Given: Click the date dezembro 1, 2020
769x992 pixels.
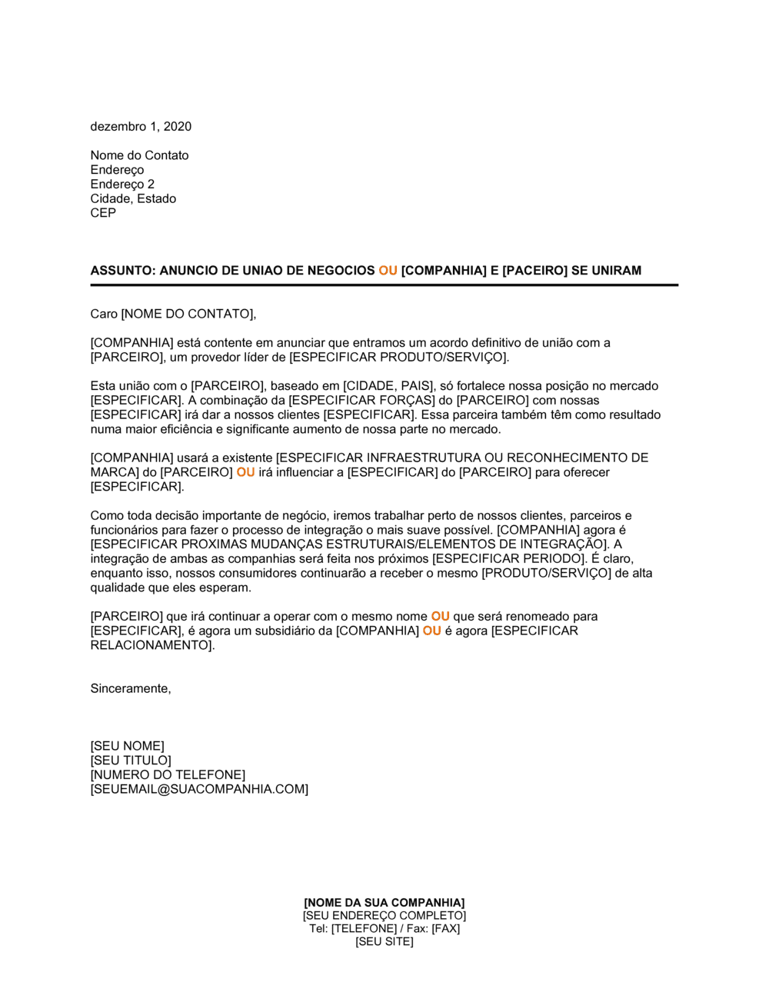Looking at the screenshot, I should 141,127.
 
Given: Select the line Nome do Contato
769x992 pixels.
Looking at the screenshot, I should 139,155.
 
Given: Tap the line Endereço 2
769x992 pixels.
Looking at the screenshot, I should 122,185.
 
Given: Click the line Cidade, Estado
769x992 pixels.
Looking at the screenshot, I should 133,198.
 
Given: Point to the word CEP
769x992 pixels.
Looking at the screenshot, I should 103,213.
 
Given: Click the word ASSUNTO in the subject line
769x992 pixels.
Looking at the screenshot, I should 122,271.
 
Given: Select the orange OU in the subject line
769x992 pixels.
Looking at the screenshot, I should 388,271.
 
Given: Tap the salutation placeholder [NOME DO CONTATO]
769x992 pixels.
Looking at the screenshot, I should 187,314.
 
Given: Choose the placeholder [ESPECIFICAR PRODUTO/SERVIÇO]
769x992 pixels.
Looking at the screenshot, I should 399,358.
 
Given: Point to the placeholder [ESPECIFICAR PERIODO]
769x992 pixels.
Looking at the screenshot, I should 508,559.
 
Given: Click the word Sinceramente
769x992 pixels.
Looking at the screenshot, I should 130,689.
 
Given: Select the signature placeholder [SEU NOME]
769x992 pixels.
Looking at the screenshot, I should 127,747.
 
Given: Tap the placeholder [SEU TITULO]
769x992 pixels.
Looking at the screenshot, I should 131,761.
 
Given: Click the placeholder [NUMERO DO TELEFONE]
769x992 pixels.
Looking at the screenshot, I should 168,775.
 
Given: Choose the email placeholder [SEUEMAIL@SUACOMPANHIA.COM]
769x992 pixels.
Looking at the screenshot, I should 199,790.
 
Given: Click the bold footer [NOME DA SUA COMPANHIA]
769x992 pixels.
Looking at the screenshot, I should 384,903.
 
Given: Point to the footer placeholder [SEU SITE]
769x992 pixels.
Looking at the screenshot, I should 384,942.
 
